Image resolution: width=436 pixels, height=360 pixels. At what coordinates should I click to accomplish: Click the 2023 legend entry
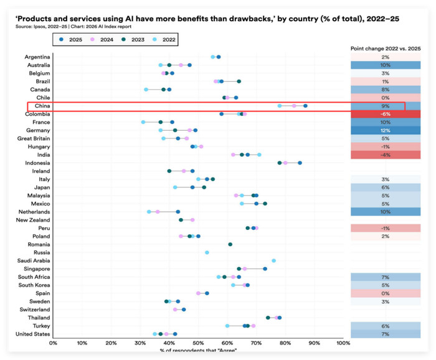point(133,39)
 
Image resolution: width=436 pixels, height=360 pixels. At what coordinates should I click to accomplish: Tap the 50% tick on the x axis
point(198,343)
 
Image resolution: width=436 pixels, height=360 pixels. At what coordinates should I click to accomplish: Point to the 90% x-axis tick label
point(314,343)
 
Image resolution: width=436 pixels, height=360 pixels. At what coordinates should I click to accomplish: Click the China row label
point(42,106)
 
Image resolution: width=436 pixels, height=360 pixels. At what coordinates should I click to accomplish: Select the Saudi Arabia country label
point(34,260)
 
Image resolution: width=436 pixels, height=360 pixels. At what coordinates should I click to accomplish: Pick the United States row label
point(32,334)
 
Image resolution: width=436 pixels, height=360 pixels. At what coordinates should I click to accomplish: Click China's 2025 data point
point(305,106)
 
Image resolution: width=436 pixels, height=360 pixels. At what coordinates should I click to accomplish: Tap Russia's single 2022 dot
point(207,252)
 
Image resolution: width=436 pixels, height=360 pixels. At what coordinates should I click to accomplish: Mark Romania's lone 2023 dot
point(230,244)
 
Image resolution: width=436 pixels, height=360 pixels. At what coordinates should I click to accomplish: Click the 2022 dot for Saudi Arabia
point(273,260)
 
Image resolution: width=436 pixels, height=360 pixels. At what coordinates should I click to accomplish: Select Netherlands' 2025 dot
point(178,212)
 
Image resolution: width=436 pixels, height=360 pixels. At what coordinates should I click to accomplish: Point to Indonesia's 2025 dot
point(300,163)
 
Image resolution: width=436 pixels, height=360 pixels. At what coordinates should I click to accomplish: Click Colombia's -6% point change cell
point(386,114)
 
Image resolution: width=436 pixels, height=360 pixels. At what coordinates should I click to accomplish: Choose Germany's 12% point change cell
point(386,130)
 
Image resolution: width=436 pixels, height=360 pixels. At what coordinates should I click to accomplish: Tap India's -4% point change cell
point(386,155)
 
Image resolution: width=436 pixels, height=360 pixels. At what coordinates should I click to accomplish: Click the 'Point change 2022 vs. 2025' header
point(386,49)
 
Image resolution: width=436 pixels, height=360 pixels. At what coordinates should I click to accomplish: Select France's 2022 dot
point(143,122)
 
